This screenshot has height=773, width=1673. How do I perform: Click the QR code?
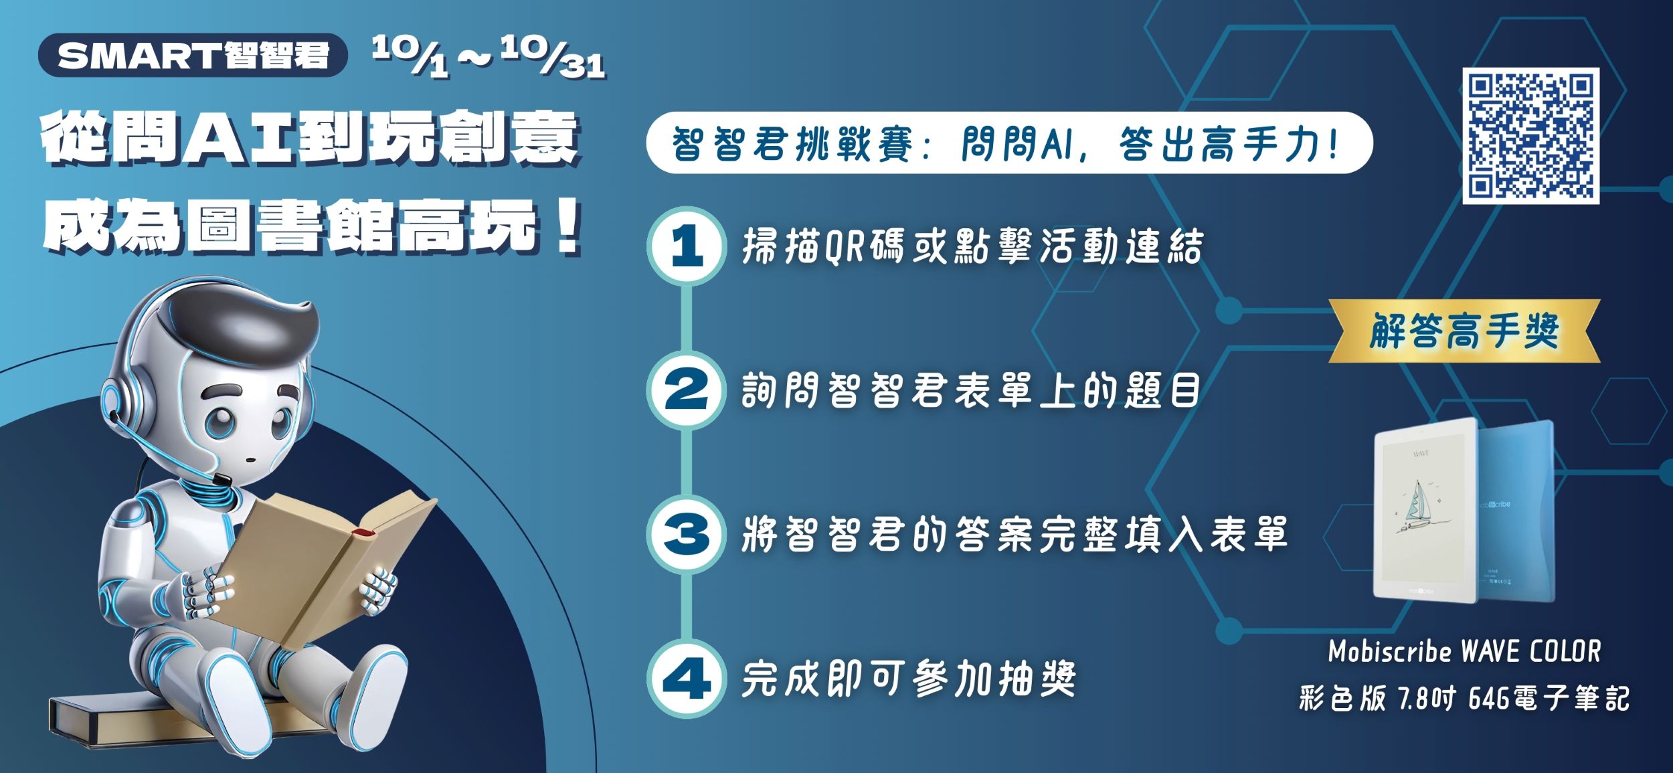(x=1530, y=136)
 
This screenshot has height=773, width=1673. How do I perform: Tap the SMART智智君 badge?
(x=193, y=55)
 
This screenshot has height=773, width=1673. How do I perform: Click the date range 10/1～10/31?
(x=489, y=56)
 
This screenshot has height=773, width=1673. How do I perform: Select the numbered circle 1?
(x=686, y=246)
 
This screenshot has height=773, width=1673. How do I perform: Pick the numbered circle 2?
(x=686, y=390)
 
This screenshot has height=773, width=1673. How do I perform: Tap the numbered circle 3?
(x=686, y=533)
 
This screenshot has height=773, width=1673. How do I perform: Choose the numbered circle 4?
(x=686, y=678)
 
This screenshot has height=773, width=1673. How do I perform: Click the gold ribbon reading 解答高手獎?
(x=1464, y=331)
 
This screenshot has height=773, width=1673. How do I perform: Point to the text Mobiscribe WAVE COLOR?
(x=1464, y=651)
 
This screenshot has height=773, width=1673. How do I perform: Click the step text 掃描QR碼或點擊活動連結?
(x=972, y=246)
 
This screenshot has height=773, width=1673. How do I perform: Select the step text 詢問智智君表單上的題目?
(x=970, y=390)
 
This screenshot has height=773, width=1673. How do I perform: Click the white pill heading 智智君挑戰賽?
(x=1009, y=143)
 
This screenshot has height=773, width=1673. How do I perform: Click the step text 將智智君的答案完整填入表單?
(x=1015, y=534)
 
